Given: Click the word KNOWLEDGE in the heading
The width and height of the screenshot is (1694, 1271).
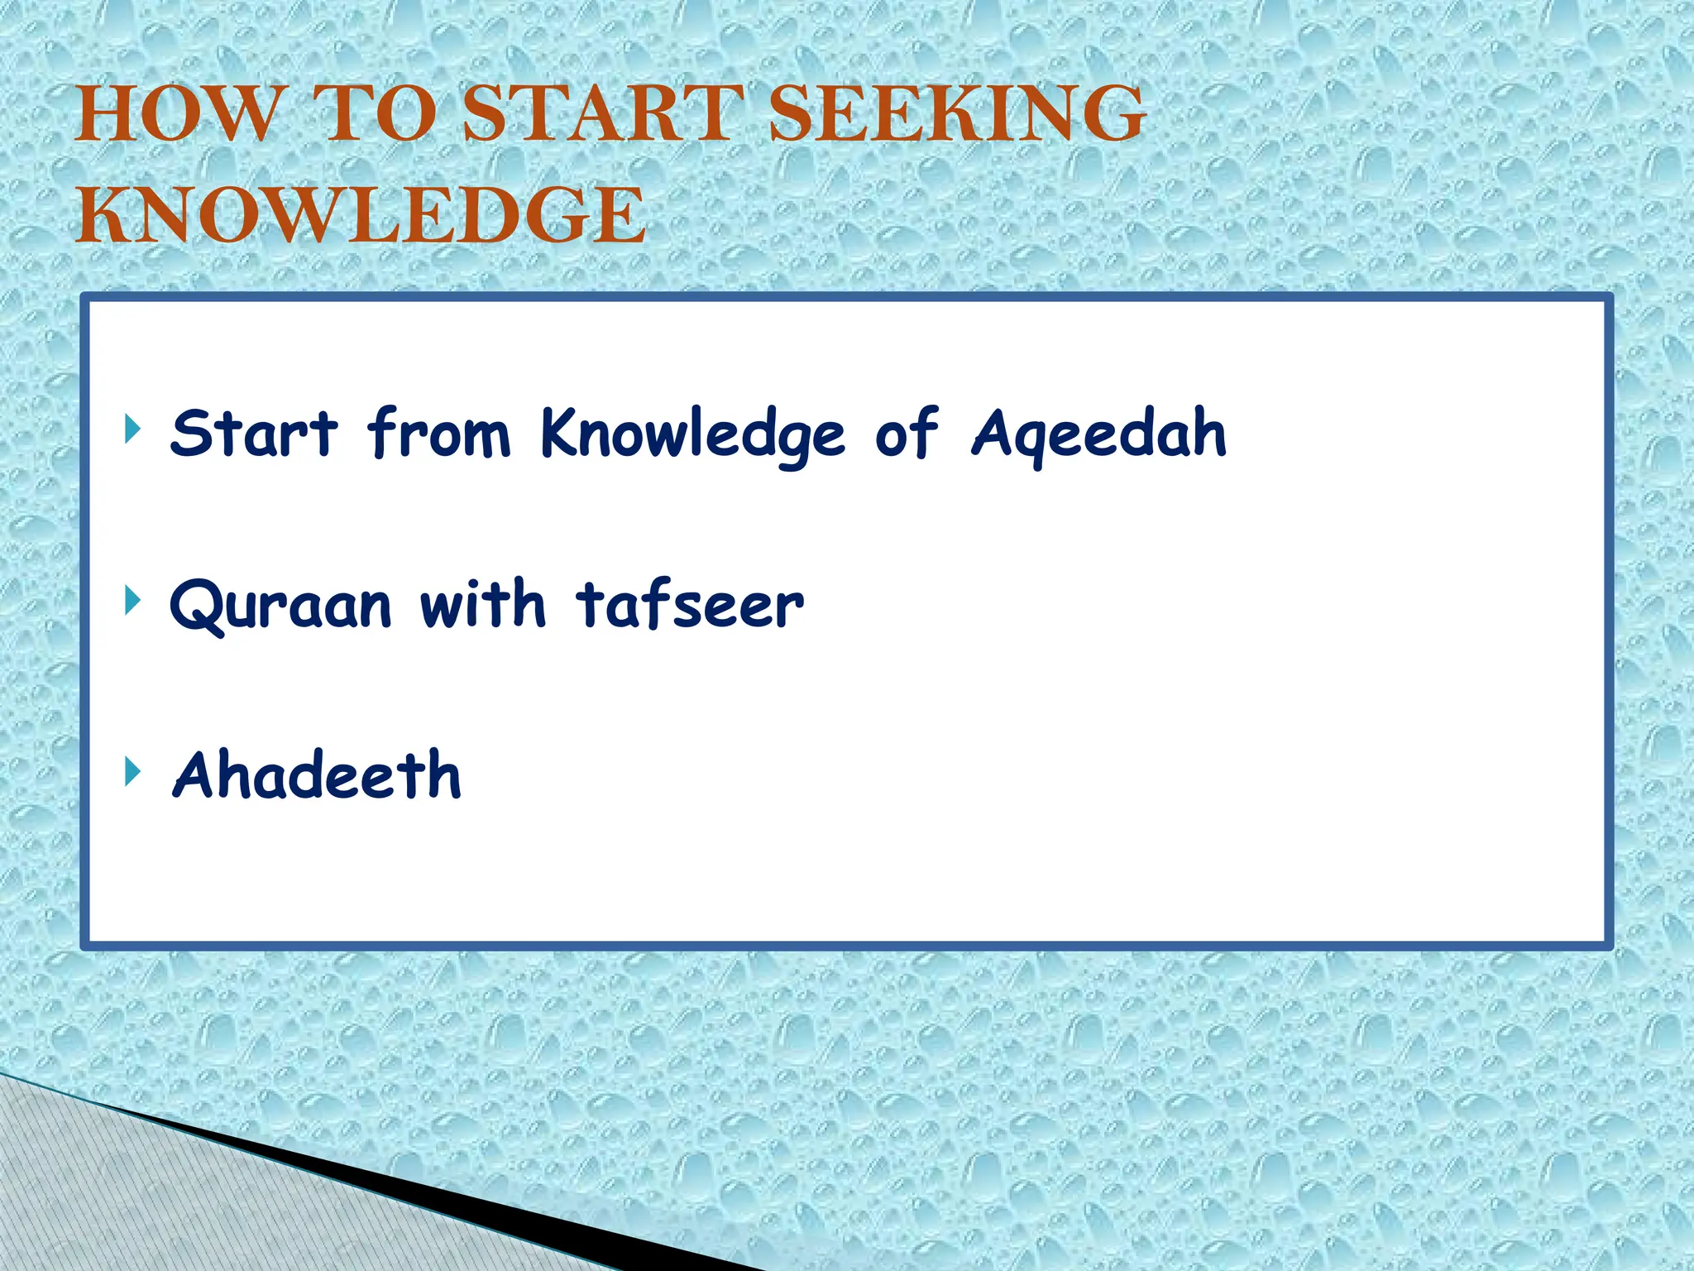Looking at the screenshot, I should click(361, 215).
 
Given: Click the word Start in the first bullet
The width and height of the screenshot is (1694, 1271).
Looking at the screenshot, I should click(254, 434).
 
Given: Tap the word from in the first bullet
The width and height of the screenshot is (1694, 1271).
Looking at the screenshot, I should click(439, 434).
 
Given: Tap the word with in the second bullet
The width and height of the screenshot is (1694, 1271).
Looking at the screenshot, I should click(483, 603).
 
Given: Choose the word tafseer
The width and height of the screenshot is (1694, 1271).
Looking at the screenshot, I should click(690, 603).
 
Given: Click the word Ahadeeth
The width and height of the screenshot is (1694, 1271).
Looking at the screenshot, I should click(316, 775).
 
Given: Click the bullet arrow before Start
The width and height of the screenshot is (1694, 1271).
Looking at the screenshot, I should click(131, 429).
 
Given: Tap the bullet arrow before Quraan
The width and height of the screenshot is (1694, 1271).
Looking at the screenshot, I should click(131, 600).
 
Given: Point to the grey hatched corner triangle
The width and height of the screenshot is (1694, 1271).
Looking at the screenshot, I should click(124, 1192).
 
